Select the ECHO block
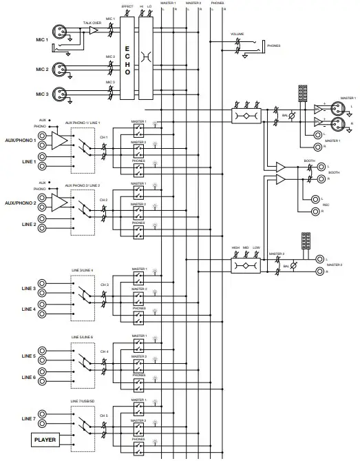coord(127,59)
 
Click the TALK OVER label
coord(92,23)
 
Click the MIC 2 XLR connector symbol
coord(60,70)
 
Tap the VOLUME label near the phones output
coord(237,34)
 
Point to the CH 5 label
coord(104,416)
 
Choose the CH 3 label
coord(104,284)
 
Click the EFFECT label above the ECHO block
coord(127,6)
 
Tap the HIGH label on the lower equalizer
coord(235,247)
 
